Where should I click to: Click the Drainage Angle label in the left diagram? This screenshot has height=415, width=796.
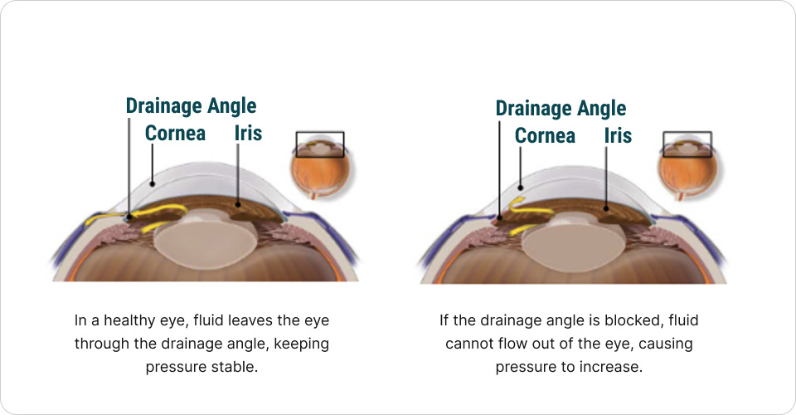(x=191, y=106)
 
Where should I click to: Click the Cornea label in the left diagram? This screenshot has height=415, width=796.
(x=175, y=133)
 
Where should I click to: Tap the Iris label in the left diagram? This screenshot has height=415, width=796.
(x=248, y=133)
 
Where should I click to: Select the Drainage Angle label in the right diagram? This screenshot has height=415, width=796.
(x=561, y=108)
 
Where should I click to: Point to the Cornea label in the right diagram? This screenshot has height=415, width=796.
(x=545, y=134)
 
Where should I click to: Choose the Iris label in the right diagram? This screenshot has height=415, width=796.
(x=618, y=134)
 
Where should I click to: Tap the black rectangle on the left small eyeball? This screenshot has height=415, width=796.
(x=319, y=144)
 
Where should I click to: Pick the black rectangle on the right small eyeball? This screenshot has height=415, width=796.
(x=687, y=144)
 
